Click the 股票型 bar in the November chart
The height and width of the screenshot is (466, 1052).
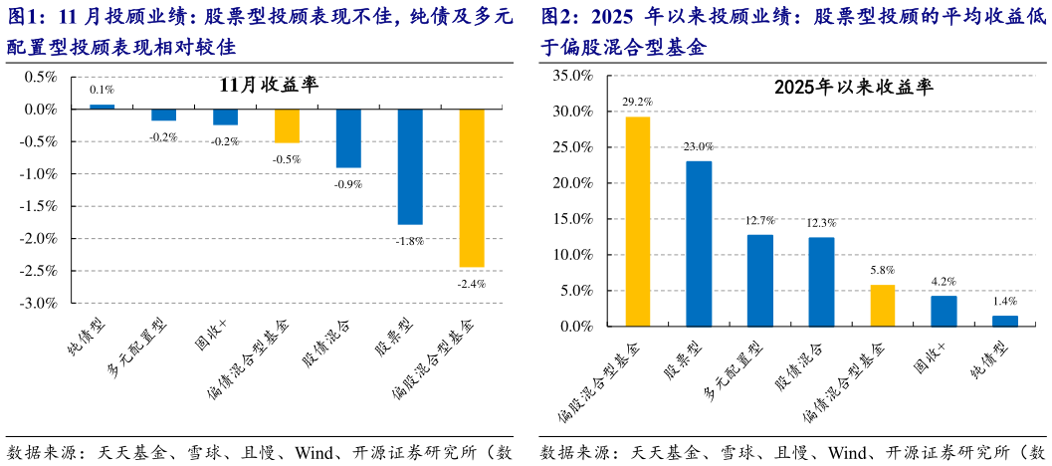click(410, 166)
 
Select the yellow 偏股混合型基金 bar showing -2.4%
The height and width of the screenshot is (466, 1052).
click(472, 187)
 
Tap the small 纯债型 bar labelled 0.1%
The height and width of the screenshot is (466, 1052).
click(103, 107)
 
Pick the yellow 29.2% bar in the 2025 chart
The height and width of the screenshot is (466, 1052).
click(638, 221)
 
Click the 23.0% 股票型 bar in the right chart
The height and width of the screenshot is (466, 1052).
click(699, 244)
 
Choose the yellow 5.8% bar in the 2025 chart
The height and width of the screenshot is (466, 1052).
click(883, 306)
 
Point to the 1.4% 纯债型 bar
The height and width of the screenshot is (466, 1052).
click(1005, 321)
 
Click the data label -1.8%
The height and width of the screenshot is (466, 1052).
click(409, 241)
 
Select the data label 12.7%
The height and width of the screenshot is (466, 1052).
click(760, 220)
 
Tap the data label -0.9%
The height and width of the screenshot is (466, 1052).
click(348, 184)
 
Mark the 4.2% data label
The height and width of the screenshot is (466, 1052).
click(944, 282)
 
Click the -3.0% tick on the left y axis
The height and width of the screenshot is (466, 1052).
click(41, 303)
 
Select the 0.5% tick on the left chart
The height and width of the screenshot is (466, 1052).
click(43, 77)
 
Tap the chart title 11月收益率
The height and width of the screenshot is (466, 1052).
click(269, 86)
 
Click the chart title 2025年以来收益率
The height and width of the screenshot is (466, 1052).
click(853, 88)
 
